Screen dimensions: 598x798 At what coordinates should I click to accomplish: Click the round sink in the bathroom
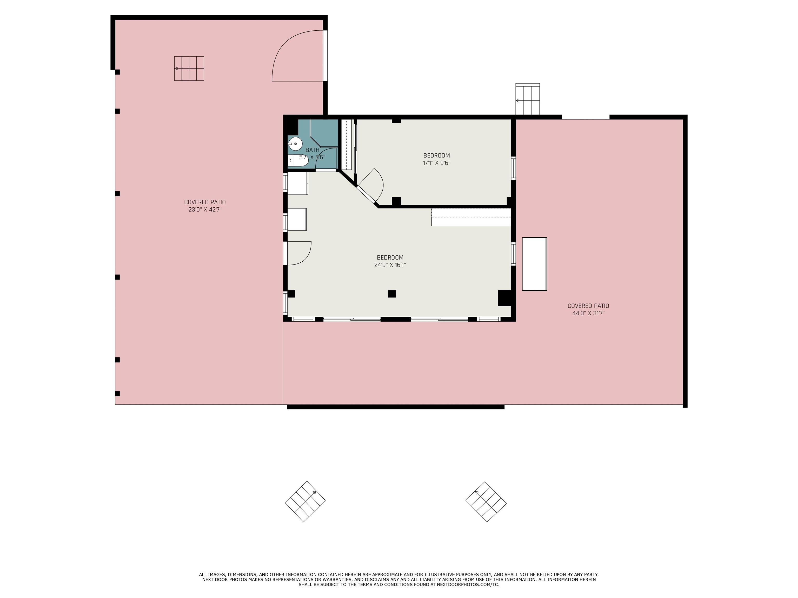pos(295,144)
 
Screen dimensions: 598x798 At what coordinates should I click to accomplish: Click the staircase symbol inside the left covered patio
pos(189,69)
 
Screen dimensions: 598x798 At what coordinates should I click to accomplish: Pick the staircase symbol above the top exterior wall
pos(527,99)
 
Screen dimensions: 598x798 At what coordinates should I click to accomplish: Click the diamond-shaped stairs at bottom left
pos(305,501)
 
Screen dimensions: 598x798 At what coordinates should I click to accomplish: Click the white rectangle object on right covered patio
pos(534,264)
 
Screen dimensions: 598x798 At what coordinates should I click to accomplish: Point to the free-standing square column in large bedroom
pos(392,294)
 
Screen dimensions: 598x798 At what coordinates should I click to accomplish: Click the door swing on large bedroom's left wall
pos(299,253)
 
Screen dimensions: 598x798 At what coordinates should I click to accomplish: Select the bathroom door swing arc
pos(326,159)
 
